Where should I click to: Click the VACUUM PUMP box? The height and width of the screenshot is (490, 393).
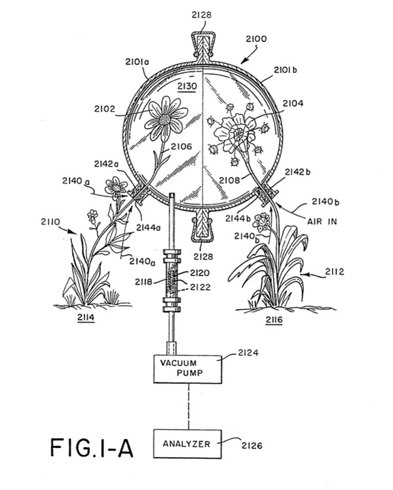point(187,369)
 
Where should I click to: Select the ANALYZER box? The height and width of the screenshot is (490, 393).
point(187,443)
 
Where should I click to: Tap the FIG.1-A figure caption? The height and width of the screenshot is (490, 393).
point(92,448)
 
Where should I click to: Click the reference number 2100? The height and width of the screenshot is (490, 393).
point(256,39)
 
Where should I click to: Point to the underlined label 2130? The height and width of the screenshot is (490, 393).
point(187,87)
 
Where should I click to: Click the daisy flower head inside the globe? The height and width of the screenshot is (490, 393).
point(166,119)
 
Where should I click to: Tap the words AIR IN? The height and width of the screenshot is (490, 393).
point(322,222)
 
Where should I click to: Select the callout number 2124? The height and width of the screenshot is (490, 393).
point(248,353)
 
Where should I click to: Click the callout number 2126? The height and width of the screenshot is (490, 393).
point(252,445)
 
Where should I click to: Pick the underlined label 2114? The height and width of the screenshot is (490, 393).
point(86,318)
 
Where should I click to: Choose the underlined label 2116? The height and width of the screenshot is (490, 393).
point(274,320)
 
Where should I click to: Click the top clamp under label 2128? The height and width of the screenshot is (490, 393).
point(202,45)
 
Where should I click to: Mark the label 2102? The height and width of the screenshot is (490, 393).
point(105,109)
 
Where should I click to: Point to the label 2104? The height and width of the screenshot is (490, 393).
point(293,104)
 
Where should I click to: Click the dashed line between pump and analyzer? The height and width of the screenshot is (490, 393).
point(188,407)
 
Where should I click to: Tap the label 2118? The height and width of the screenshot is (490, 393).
point(143,282)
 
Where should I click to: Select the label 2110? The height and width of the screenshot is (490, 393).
point(50,222)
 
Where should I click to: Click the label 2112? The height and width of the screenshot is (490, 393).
point(335,272)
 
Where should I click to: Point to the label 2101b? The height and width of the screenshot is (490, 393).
point(286,70)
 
